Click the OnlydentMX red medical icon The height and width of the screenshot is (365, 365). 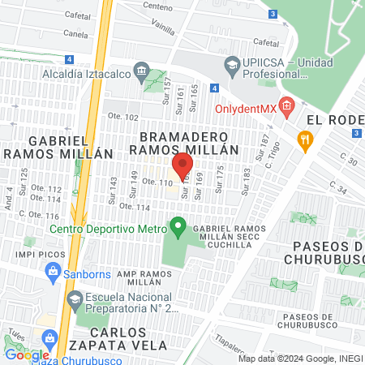287,107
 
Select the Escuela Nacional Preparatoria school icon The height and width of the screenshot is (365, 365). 74,298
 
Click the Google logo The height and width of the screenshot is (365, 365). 27,354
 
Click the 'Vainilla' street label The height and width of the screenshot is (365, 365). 161,27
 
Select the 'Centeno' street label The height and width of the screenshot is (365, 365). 158,6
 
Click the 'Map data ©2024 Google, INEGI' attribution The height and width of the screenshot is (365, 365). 300,359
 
